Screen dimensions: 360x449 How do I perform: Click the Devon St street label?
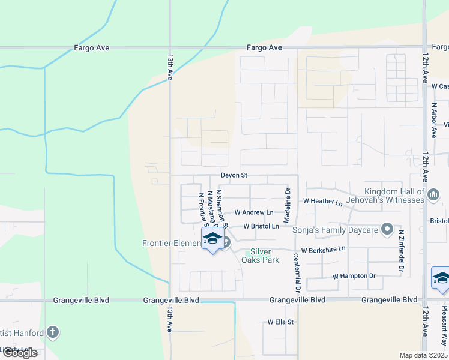(234, 175)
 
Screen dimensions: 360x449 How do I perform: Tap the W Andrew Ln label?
(253, 212)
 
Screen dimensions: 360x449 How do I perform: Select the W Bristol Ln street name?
(261, 226)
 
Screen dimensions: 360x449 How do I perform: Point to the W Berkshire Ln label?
(323, 248)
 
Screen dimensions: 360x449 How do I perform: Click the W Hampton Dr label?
(354, 276)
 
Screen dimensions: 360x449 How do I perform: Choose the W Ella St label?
(280, 322)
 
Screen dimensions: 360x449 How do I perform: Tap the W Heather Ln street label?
(323, 202)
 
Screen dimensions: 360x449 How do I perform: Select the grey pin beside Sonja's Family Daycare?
(387, 229)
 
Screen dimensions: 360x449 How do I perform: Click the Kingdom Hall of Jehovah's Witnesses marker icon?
(435, 194)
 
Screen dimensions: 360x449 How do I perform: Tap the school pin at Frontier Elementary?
(212, 239)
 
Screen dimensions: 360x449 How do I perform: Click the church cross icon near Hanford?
(53, 332)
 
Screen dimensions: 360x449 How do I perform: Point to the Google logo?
(20, 353)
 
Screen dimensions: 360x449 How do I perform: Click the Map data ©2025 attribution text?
(423, 355)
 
